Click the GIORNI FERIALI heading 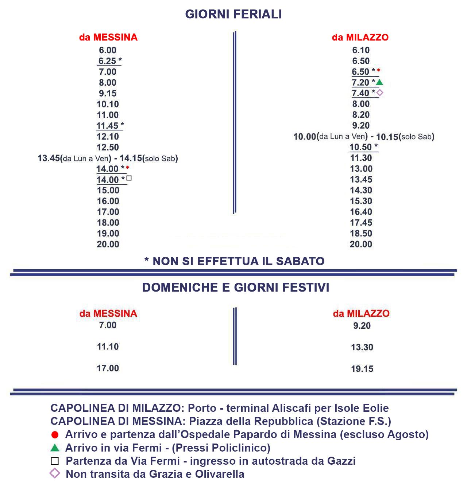pyautogui.click(x=233, y=14)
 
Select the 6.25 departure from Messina pyautogui.click(x=107, y=61)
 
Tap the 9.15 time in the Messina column pyautogui.click(x=108, y=93)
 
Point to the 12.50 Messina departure pyautogui.click(x=108, y=147)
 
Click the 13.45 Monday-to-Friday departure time pyautogui.click(x=49, y=158)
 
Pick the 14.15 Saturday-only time pyautogui.click(x=131, y=158)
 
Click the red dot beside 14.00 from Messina pyautogui.click(x=128, y=167)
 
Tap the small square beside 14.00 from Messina pyautogui.click(x=129, y=178)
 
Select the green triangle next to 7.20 pyautogui.click(x=379, y=82)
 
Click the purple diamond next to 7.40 pyautogui.click(x=379, y=93)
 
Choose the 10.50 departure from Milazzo pyautogui.click(x=360, y=147)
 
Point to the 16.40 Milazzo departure pyautogui.click(x=361, y=212)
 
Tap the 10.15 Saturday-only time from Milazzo pyautogui.click(x=387, y=137)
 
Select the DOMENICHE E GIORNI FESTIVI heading pyautogui.click(x=236, y=287)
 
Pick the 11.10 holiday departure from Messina pyautogui.click(x=108, y=347)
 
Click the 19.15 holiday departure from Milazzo pyautogui.click(x=362, y=369)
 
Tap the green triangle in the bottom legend pyautogui.click(x=55, y=448)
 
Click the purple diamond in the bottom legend pyautogui.click(x=55, y=474)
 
